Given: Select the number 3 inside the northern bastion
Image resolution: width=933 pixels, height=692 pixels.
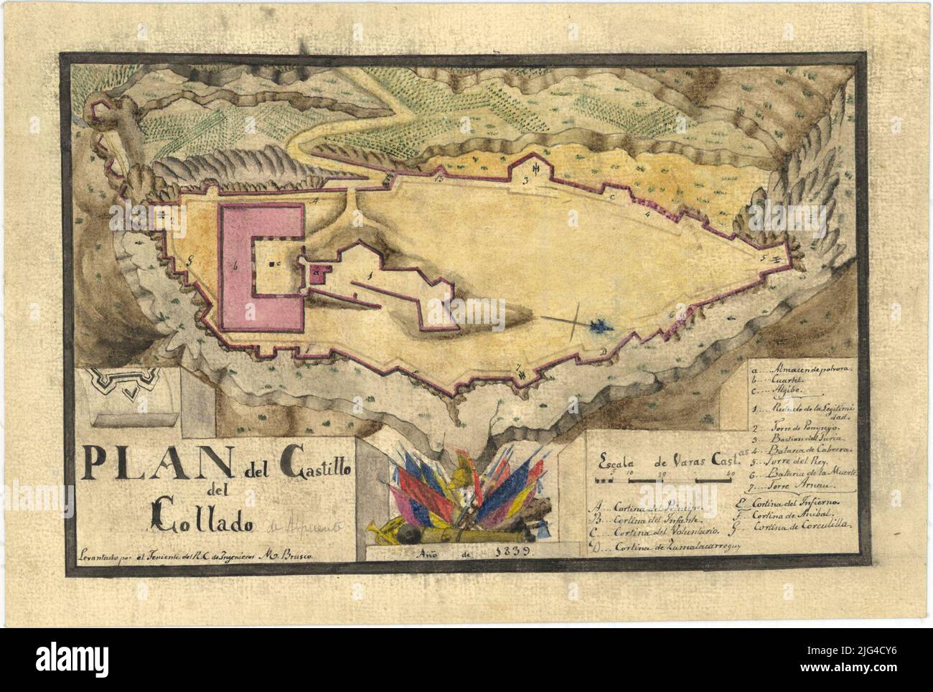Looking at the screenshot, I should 525,181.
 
